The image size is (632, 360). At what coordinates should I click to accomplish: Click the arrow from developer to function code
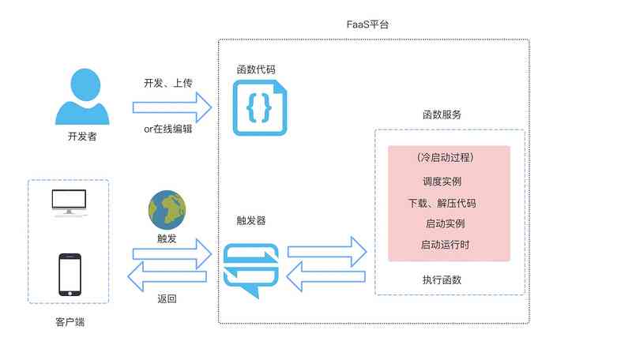coord(172,106)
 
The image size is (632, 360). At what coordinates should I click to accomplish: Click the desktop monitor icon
coord(68,203)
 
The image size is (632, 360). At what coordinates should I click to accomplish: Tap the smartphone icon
coord(69,274)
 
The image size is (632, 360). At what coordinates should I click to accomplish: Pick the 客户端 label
coord(70,321)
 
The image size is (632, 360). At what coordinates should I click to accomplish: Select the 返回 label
coord(167,298)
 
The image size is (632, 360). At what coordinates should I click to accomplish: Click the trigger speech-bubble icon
coord(250,268)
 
